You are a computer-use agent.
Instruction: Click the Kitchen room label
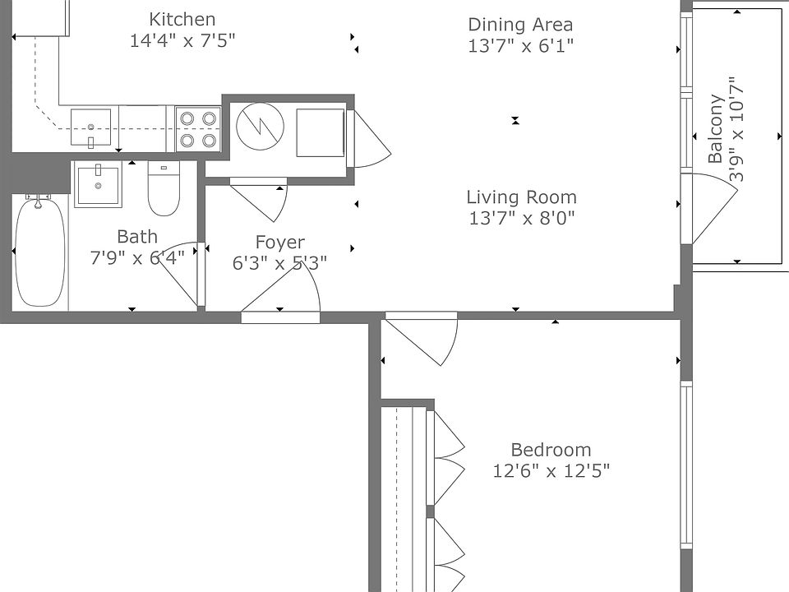point(182,20)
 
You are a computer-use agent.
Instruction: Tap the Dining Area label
point(520,25)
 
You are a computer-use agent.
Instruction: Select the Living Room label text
point(521,197)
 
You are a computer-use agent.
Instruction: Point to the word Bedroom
point(551,450)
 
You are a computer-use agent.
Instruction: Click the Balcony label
point(716,129)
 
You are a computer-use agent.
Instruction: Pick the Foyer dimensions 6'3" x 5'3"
point(279,263)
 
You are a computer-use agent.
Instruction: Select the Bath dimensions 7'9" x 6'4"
point(137,257)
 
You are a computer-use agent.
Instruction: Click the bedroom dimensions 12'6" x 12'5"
point(551,471)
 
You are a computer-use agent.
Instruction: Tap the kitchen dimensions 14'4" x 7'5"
point(182,40)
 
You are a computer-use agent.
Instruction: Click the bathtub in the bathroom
point(40,252)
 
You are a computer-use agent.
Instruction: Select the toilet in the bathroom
point(164,188)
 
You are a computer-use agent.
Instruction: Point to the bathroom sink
point(98,184)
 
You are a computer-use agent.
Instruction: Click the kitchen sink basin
point(90,127)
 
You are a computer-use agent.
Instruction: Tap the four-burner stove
point(198,129)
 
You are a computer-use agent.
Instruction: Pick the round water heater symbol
point(261,126)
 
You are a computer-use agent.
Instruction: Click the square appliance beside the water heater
point(320,133)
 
